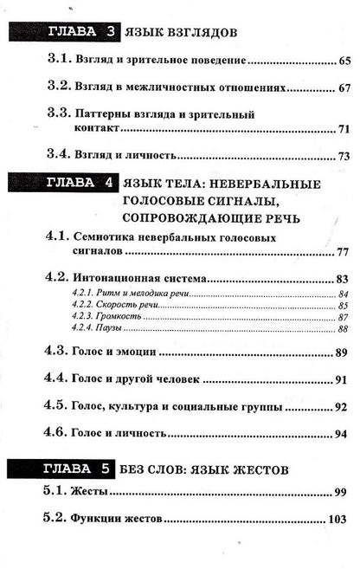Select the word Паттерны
(x=105, y=114)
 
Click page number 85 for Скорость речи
(x=344, y=306)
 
